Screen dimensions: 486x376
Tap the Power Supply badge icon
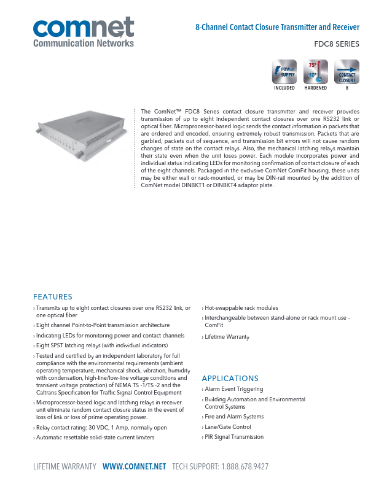[284, 72]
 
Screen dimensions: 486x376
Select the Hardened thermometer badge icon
[315, 72]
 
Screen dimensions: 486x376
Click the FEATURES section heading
[53, 297]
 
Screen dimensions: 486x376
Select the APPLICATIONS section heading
[230, 379]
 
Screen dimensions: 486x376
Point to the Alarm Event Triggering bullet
[233, 389]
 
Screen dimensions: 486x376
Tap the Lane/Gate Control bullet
[228, 427]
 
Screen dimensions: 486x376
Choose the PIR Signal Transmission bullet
[234, 437]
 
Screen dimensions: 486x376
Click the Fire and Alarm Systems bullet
[234, 417]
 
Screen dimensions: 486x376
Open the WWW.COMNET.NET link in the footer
[135, 467]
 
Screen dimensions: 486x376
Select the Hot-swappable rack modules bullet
[241, 308]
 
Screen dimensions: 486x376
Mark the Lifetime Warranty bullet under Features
[227, 337]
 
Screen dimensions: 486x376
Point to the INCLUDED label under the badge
[284, 88]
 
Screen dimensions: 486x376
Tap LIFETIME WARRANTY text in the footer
[65, 467]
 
